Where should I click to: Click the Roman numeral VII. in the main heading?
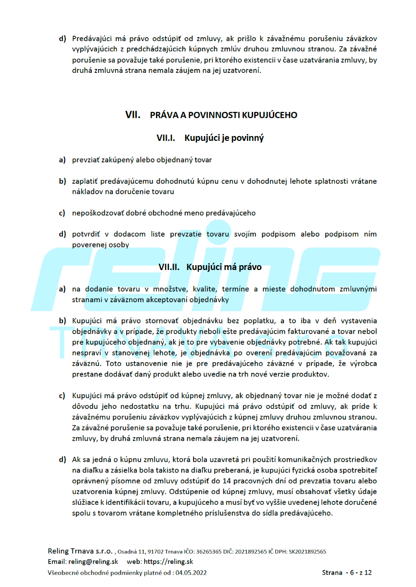point(132,115)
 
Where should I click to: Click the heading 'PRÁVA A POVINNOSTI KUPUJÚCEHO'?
point(223,115)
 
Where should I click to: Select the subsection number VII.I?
point(166,138)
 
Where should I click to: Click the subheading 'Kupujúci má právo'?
point(224,267)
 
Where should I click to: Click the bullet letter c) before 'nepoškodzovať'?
point(62,213)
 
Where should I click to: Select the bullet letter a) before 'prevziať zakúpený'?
point(62,159)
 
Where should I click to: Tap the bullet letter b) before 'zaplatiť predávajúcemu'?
point(63,181)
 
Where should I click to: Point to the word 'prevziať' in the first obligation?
point(85,159)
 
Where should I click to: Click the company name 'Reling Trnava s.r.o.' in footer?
point(80,551)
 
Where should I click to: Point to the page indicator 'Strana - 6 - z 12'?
point(347,572)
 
